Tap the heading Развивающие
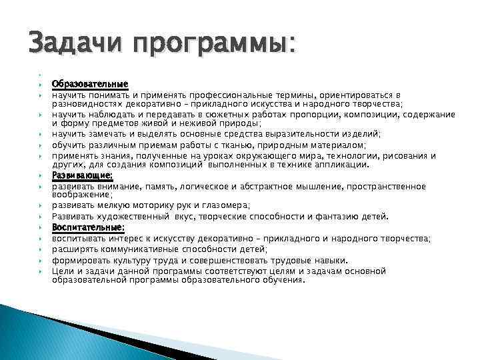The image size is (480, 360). coord(83,176)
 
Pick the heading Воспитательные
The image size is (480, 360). coord(88,227)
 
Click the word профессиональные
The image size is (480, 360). coord(234,95)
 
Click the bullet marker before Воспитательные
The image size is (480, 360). coord(41,228)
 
